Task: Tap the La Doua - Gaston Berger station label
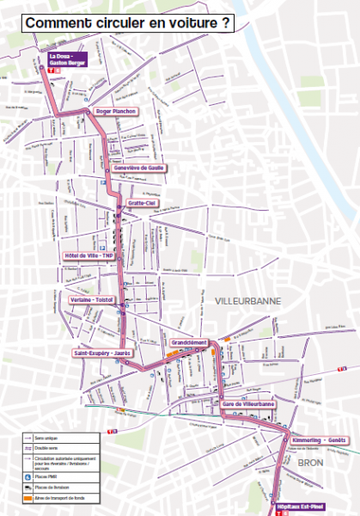coord(58,58)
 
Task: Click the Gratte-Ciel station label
coord(142,204)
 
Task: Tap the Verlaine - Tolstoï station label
coord(92,299)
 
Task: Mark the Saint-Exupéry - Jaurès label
coord(101,353)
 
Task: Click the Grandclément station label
coord(190,342)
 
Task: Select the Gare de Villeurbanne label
coord(247,404)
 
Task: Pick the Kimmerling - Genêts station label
coord(319,439)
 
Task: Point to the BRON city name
coord(309,463)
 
